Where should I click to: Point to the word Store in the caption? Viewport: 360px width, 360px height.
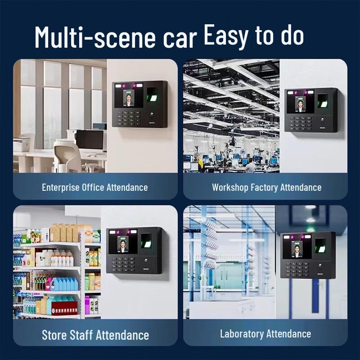click(x=54, y=335)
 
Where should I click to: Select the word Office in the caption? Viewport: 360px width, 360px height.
click(x=93, y=187)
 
